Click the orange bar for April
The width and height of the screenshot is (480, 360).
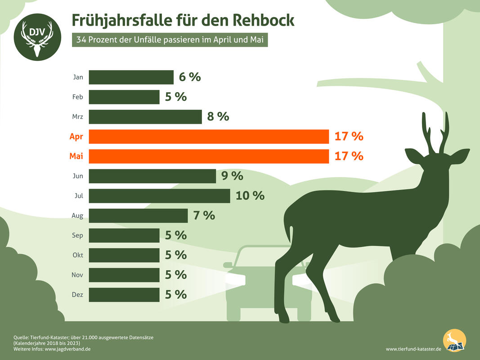point(209,136)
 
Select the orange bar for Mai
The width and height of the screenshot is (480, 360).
point(209,156)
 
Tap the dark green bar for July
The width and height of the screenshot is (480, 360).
point(159,196)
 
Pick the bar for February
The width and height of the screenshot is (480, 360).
point(124,97)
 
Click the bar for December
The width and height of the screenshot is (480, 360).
point(124,295)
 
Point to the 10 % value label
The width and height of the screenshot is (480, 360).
point(250,196)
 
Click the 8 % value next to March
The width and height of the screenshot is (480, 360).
point(218,117)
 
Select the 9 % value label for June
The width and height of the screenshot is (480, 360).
point(232,176)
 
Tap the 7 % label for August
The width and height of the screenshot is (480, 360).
point(204,216)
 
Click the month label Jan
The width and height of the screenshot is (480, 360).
point(78,77)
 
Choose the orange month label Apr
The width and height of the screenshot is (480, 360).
point(76,136)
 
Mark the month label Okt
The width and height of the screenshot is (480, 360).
point(77,255)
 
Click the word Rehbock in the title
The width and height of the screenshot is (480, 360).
point(264,20)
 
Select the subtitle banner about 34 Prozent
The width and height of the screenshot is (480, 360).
point(170,40)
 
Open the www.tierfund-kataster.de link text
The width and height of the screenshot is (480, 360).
point(413,349)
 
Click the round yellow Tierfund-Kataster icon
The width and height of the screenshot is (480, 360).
point(454,341)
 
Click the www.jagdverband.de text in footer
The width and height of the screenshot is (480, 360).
point(68,349)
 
